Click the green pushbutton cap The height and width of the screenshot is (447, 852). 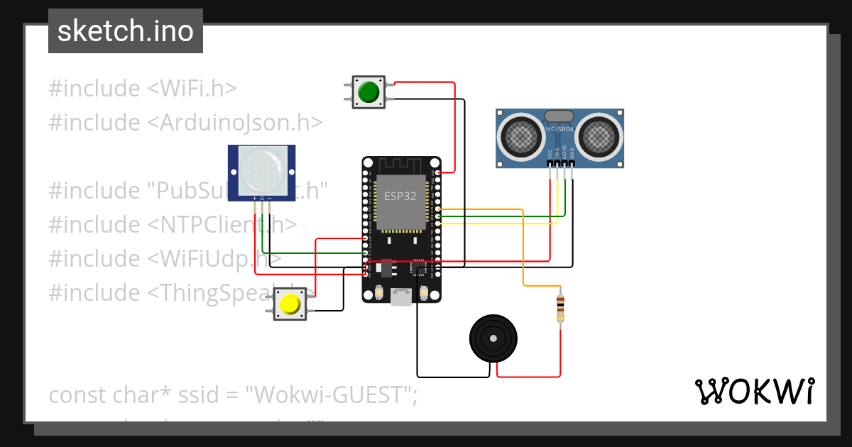[368, 92]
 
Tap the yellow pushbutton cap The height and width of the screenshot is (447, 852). [290, 304]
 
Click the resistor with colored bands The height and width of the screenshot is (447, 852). [561, 307]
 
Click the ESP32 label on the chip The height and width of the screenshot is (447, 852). [400, 197]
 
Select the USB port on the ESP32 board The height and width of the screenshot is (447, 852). [401, 296]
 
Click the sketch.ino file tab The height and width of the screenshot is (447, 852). [126, 31]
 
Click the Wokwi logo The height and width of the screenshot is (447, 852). [754, 392]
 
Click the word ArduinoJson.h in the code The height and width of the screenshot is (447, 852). [235, 122]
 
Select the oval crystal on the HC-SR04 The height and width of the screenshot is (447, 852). [559, 116]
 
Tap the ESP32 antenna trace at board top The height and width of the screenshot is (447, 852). [401, 165]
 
